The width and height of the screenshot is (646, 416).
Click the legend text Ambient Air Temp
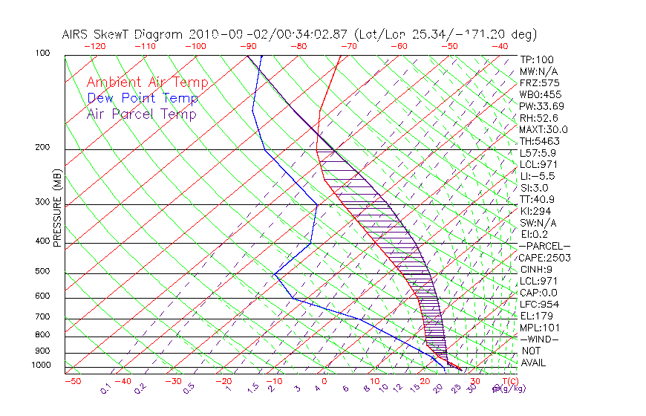tap(147, 82)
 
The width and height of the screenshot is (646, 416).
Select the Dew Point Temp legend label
tap(142, 98)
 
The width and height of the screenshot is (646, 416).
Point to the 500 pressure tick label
tap(42, 272)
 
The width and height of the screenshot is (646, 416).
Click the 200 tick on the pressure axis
tap(42, 148)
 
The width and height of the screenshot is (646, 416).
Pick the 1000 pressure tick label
tap(40, 365)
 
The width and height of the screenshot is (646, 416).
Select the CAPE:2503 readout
tap(540, 258)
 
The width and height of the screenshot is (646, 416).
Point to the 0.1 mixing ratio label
tap(105, 388)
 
